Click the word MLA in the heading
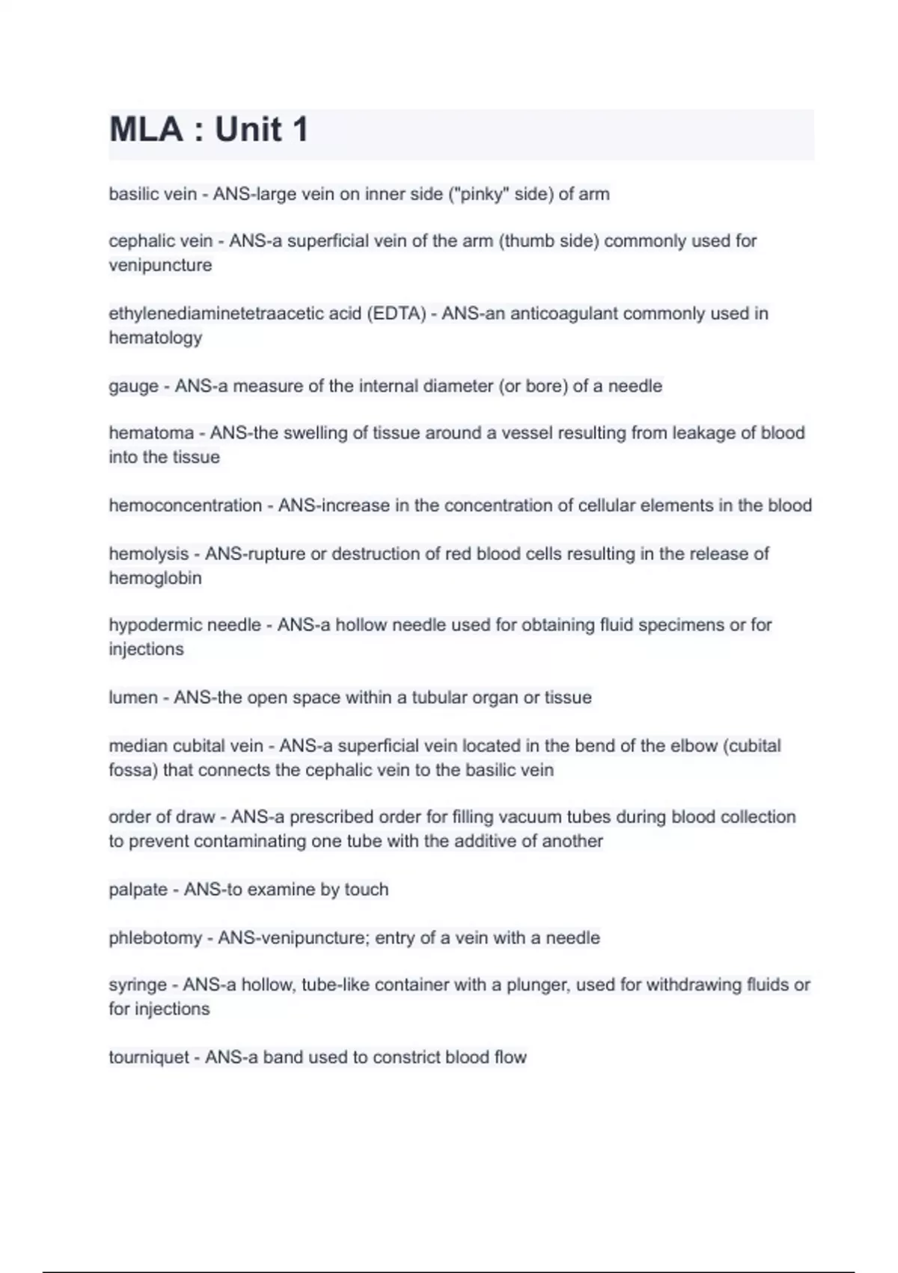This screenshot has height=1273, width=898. point(146,130)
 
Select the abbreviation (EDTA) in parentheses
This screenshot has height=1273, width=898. point(396,313)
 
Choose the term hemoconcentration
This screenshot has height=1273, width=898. point(185,505)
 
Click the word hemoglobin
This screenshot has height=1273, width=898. point(155,578)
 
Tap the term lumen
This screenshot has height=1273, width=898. point(133,697)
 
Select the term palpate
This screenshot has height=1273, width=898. point(138,890)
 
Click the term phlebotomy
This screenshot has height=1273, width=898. point(155,938)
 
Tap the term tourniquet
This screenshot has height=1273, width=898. point(149,1057)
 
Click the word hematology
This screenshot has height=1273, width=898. point(155,338)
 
